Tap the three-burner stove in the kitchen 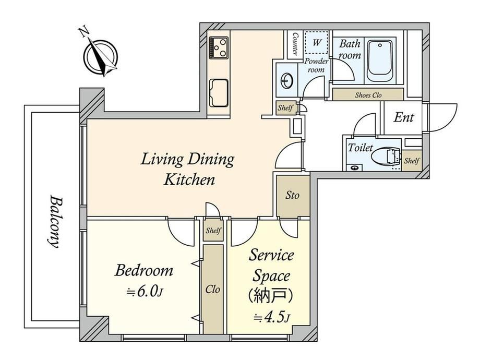coord(219,47)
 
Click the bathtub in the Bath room coord(380,61)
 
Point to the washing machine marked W coord(317,42)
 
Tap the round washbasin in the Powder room coord(287,81)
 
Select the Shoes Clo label coord(368,95)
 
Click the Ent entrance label coord(403,117)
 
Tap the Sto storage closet coord(292,195)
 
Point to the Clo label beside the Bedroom coord(212,289)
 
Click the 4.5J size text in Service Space coord(271,317)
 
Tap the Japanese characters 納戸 coord(271,295)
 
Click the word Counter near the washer coord(295,44)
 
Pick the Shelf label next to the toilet coord(412,160)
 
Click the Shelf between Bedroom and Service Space coord(213,230)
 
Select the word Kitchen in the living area coord(189,179)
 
